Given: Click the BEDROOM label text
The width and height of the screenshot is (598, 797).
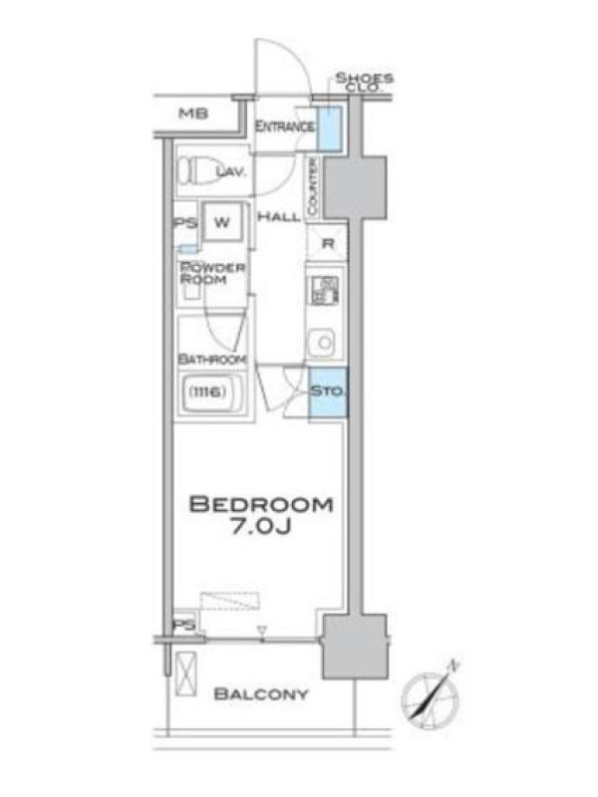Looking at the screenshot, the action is [261, 504].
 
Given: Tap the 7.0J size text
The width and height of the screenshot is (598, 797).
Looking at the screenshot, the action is [261, 527].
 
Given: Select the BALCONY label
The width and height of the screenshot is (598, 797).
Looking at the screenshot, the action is [261, 693].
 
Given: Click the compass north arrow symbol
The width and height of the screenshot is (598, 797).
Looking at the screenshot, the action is [431, 694].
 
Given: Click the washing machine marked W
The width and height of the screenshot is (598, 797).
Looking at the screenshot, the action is [222, 222].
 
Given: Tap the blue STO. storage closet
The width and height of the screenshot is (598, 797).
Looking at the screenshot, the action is [328, 393].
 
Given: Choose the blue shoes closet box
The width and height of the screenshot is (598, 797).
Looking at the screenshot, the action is [330, 129].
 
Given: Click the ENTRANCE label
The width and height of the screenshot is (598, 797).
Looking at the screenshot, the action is [284, 127].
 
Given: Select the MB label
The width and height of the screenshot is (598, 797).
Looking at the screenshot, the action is [193, 114].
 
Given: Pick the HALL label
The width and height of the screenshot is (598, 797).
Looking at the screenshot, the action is [279, 217].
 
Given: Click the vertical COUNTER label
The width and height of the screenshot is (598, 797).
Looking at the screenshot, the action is [312, 186].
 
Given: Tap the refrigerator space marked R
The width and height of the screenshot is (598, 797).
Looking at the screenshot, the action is [328, 243].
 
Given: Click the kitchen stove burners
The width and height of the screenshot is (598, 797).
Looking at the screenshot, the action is [324, 290].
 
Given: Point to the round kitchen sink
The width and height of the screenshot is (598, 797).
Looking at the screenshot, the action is [323, 342].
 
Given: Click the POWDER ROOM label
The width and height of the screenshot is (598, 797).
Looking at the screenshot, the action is [212, 273].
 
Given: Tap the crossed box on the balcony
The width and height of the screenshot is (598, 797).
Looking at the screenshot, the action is [186, 673].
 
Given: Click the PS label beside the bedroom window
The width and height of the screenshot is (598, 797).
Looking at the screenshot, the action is [184, 625].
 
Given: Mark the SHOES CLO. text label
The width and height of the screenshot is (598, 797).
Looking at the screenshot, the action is [364, 82].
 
